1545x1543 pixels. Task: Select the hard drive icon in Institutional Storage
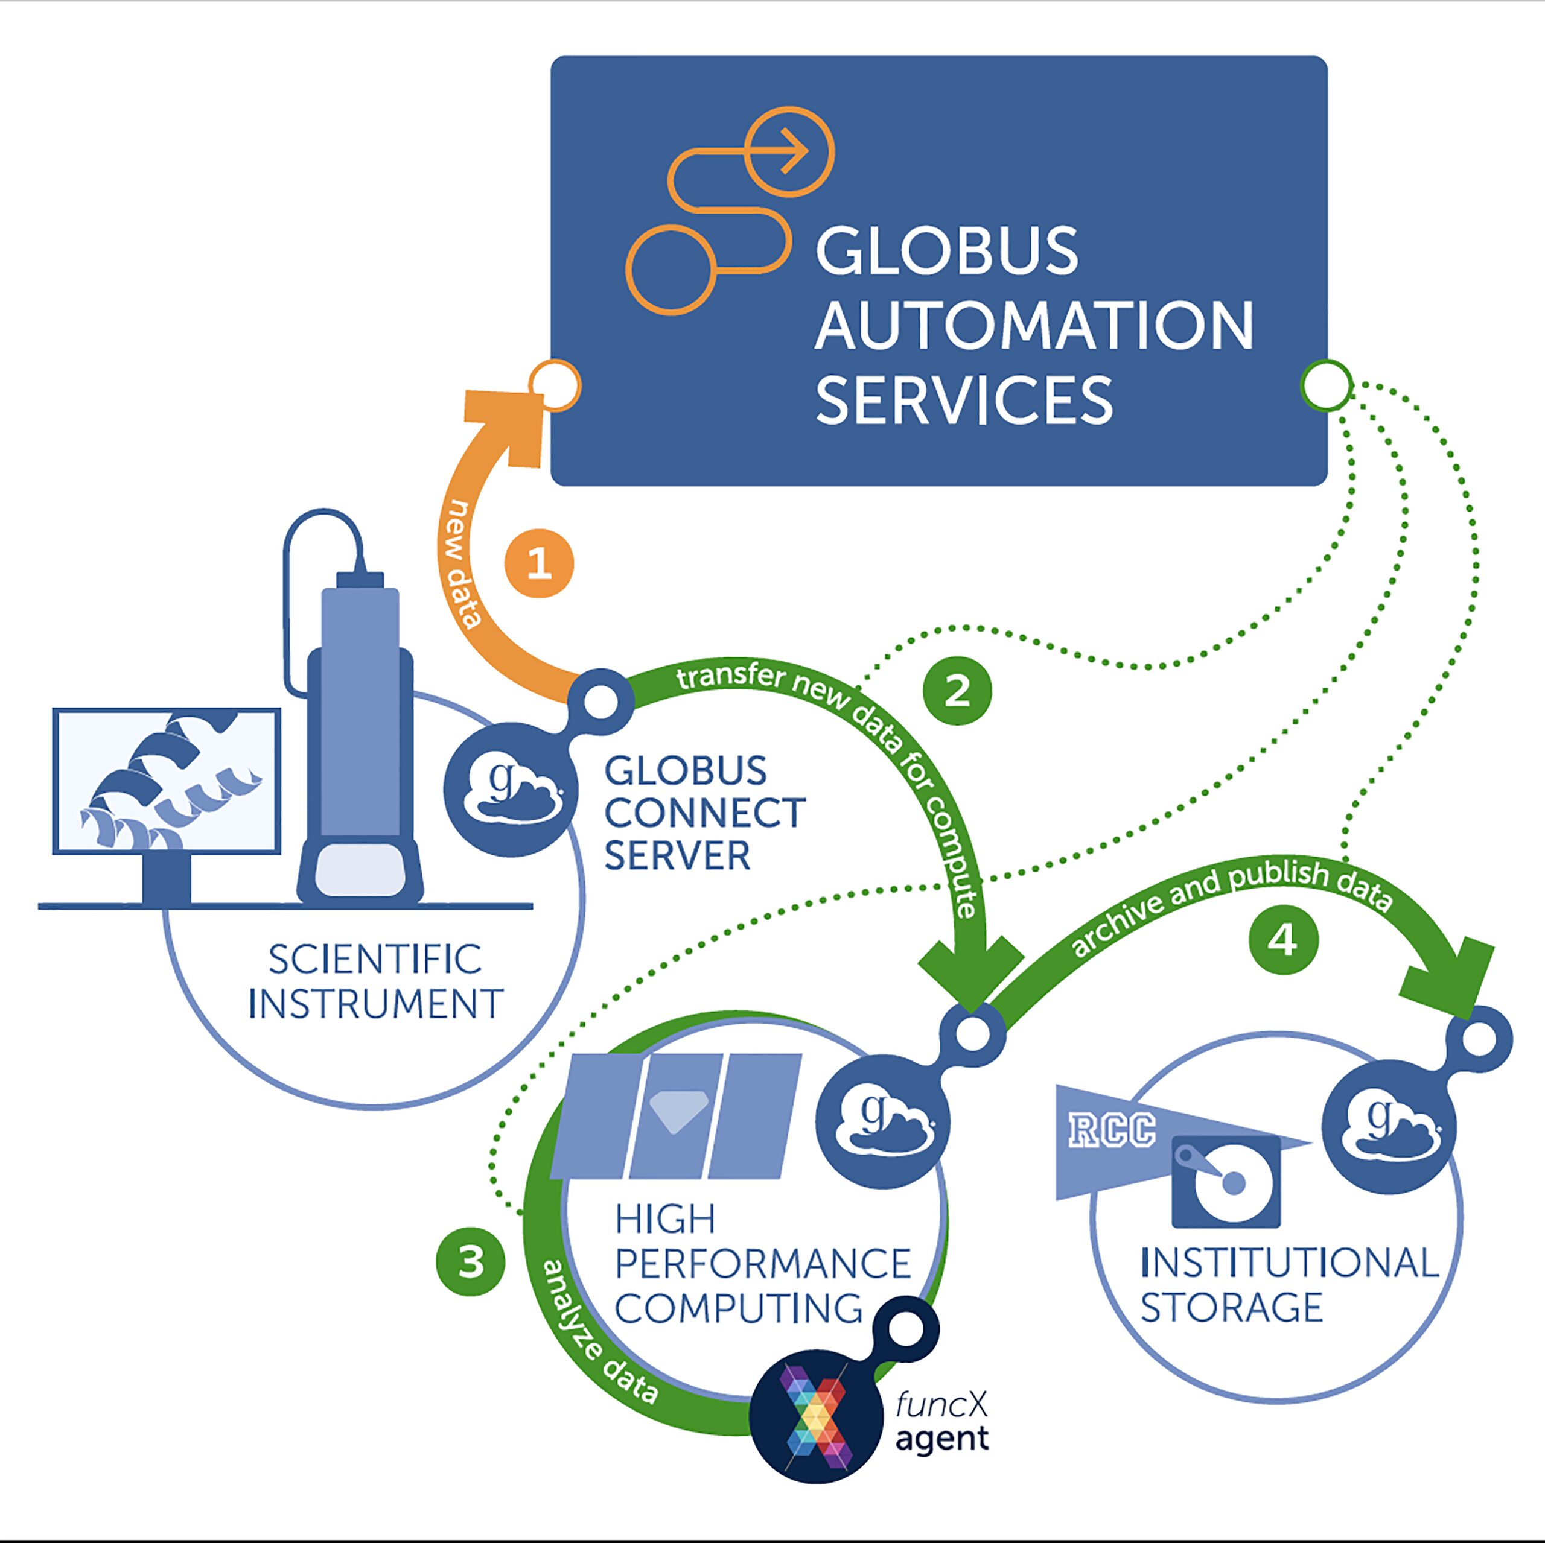tap(1225, 1182)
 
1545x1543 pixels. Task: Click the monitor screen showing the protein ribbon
tap(167, 781)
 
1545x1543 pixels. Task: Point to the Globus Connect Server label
tap(704, 813)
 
